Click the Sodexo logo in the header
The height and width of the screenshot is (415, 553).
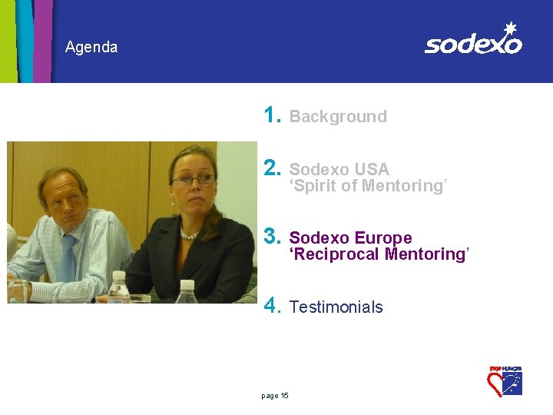point(473,41)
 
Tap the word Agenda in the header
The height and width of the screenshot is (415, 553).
point(91,48)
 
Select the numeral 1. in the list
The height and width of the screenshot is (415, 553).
point(272,115)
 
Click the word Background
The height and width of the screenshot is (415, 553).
point(338,117)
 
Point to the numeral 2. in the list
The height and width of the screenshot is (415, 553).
point(272,168)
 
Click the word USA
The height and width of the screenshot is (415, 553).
point(372,170)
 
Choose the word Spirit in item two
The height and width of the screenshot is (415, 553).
point(315,186)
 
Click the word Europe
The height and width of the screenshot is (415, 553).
point(383,238)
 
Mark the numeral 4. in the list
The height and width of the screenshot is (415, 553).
point(272,306)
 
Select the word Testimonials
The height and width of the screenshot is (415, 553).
point(336,307)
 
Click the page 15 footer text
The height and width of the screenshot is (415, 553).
point(275,396)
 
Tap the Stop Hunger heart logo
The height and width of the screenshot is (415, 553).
point(505,380)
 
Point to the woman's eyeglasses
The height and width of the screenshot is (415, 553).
point(194,181)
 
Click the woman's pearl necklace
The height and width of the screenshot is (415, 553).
point(189,234)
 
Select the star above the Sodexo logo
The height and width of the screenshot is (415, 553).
point(508,28)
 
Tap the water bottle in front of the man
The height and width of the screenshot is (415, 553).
point(118,287)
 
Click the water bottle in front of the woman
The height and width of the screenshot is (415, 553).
point(187,293)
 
